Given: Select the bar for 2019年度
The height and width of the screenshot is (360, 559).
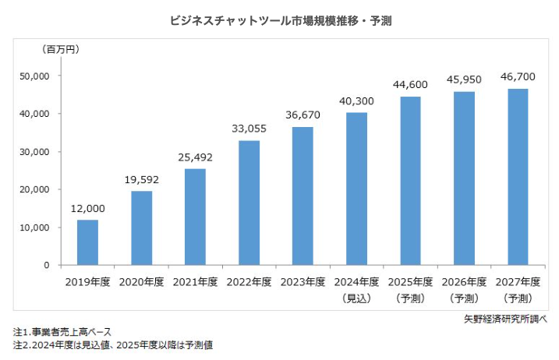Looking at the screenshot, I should pyautogui.click(x=87, y=242).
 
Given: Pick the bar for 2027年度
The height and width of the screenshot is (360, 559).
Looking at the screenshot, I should pyautogui.click(x=517, y=177).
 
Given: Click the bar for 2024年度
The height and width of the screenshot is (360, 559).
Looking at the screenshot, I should pyautogui.click(x=356, y=189).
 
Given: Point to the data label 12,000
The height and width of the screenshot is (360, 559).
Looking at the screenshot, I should pyautogui.click(x=87, y=209).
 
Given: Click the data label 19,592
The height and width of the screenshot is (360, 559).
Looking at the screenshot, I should pyautogui.click(x=141, y=180).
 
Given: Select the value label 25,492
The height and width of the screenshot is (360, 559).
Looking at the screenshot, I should pyautogui.click(x=195, y=157).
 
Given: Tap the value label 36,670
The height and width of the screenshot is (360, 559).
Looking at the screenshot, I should pyautogui.click(x=302, y=115).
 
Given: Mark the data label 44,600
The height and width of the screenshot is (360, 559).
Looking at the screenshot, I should pyautogui.click(x=410, y=85).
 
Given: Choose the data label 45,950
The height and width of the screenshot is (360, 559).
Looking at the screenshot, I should pyautogui.click(x=464, y=79).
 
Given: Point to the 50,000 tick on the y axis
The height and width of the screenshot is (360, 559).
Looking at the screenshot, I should pyautogui.click(x=34, y=76).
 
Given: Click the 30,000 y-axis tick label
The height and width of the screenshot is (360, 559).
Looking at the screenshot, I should pyautogui.click(x=34, y=152).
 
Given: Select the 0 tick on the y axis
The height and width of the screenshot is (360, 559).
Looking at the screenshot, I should pyautogui.click(x=47, y=266).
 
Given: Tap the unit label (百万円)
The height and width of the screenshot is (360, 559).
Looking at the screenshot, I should pyautogui.click(x=61, y=49).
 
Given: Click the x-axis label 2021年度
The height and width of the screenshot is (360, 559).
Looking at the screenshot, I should pyautogui.click(x=195, y=282).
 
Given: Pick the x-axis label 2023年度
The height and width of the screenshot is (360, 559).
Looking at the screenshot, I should pyautogui.click(x=302, y=282).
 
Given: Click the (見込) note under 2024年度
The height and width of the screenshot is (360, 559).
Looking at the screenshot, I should pyautogui.click(x=356, y=298).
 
